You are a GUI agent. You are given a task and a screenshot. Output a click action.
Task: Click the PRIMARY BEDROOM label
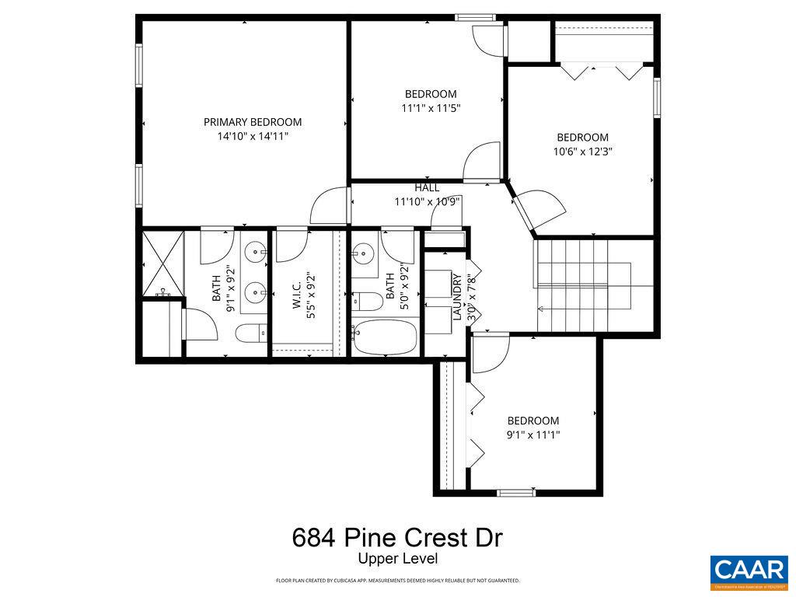click(253, 122)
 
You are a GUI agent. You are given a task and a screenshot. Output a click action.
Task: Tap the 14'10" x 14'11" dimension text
click(253, 137)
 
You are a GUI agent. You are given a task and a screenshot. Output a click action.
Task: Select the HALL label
click(427, 187)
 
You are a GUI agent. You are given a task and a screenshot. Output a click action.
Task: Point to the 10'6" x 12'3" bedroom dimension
click(582, 152)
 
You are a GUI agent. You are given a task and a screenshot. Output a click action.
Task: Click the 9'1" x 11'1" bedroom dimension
click(532, 435)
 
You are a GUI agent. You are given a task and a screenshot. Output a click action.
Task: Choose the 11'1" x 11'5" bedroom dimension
click(431, 109)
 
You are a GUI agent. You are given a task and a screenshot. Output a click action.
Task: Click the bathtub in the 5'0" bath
click(385, 337)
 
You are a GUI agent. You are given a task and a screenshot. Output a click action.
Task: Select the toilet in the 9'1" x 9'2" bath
click(250, 333)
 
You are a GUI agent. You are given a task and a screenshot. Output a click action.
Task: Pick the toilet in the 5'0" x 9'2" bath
click(366, 300)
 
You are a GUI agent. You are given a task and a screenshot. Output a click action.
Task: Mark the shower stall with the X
click(161, 263)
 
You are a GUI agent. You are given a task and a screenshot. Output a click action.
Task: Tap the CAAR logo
click(749, 570)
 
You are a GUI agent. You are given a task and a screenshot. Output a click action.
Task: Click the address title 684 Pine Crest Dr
click(397, 537)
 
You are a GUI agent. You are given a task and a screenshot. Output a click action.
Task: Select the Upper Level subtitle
click(397, 558)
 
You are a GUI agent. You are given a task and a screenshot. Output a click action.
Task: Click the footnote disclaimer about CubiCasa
click(397, 581)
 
